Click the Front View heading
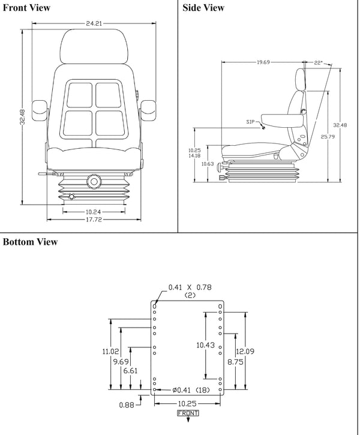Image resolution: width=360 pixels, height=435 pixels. point(26,8)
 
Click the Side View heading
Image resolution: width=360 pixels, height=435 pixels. point(204,8)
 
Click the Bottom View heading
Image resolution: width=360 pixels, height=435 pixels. point(31,242)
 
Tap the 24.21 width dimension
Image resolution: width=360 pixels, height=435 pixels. point(94,24)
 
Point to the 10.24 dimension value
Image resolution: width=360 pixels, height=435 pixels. point(93,211)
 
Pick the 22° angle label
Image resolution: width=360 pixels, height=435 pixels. point(319,62)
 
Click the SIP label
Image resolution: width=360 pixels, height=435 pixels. point(251,122)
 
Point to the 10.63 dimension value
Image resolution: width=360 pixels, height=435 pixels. point(208,163)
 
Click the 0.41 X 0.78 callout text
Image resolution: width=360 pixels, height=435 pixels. point(190,287)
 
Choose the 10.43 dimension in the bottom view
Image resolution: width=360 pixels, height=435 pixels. point(206,344)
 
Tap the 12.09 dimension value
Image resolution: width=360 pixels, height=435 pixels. point(247,351)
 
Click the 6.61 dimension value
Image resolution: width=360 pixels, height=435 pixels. point(130,371)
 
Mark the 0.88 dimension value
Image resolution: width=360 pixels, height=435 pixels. point(126,405)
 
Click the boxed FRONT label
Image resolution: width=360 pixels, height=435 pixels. point(188,413)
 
